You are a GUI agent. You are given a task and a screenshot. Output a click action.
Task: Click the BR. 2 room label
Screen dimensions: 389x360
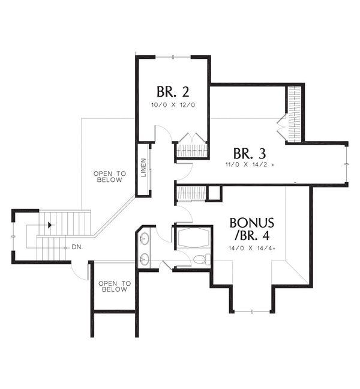click(173, 92)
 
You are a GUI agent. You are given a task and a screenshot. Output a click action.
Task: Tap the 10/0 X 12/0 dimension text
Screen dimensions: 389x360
click(173, 105)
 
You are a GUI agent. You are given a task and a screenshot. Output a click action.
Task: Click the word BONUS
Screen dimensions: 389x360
click(252, 223)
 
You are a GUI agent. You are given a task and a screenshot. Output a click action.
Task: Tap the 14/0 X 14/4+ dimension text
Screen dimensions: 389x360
click(252, 247)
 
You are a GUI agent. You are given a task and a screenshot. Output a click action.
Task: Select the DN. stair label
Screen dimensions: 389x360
click(76, 247)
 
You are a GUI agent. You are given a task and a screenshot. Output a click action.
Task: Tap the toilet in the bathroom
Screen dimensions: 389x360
click(200, 260)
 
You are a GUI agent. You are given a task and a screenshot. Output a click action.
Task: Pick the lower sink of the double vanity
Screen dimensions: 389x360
click(144, 260)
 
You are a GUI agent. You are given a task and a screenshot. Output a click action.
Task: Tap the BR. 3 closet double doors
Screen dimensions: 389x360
click(282, 122)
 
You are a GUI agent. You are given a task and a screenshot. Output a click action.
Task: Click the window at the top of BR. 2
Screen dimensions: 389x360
click(173, 56)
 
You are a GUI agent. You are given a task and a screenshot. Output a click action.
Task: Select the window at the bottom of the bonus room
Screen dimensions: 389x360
click(251, 312)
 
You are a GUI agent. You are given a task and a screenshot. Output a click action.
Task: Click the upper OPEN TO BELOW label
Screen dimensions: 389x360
click(110, 176)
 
